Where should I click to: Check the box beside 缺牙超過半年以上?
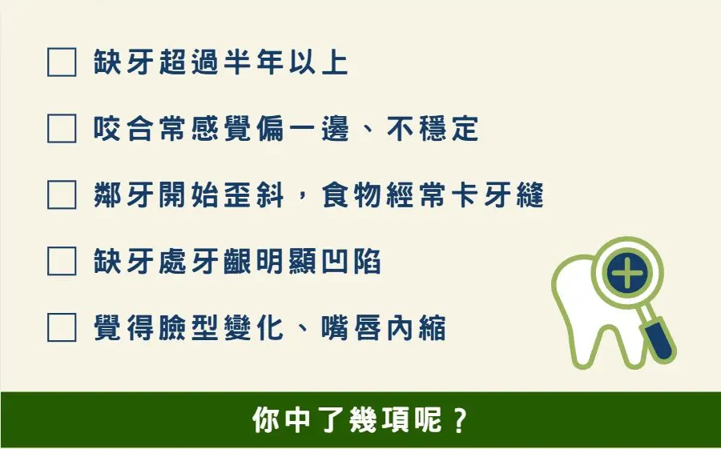coord(62,62)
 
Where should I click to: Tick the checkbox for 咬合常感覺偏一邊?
coord(62,128)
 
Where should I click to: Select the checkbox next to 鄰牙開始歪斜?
coord(62,194)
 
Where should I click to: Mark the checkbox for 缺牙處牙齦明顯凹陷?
coord(62,261)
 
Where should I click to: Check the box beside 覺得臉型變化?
coord(62,327)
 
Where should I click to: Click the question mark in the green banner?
coord(460,419)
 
